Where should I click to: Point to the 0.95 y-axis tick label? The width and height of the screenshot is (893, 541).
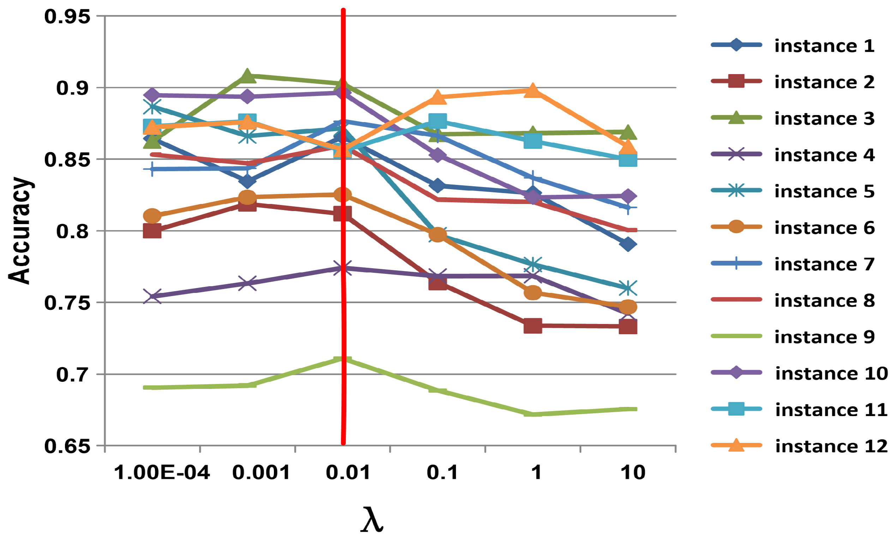tap(67, 17)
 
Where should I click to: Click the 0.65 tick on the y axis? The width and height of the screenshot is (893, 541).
tap(67, 446)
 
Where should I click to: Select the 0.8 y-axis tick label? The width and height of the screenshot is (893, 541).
tap(73, 231)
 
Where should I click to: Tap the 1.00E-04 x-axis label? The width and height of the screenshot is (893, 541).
tap(162, 473)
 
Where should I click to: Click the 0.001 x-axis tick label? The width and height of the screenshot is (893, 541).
tap(261, 473)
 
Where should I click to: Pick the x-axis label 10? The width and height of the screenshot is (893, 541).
tap(633, 473)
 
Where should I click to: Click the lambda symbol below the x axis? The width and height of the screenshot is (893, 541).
tap(372, 520)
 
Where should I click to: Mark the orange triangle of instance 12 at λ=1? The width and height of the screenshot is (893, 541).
tap(533, 90)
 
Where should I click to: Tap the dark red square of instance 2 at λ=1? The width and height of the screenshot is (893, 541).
tap(533, 326)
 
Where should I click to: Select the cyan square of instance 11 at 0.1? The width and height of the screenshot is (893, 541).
tap(437, 121)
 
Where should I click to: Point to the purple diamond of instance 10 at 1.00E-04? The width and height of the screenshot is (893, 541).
tap(152, 95)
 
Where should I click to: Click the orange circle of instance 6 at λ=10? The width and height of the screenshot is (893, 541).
tap(628, 307)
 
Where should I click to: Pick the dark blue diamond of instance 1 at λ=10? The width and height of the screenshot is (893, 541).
tap(628, 244)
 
